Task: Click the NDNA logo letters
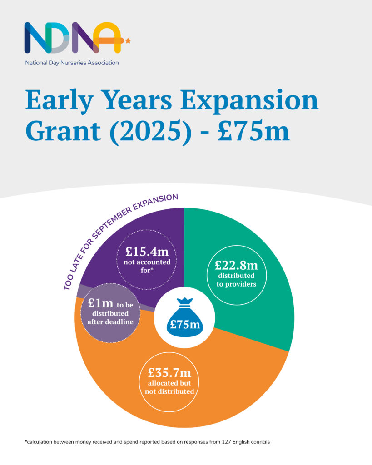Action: pos(73,38)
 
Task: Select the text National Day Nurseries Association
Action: pos(72,63)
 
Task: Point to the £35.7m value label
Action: pos(169,373)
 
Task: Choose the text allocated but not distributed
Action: pos(169,387)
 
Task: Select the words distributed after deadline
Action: pos(107,318)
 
